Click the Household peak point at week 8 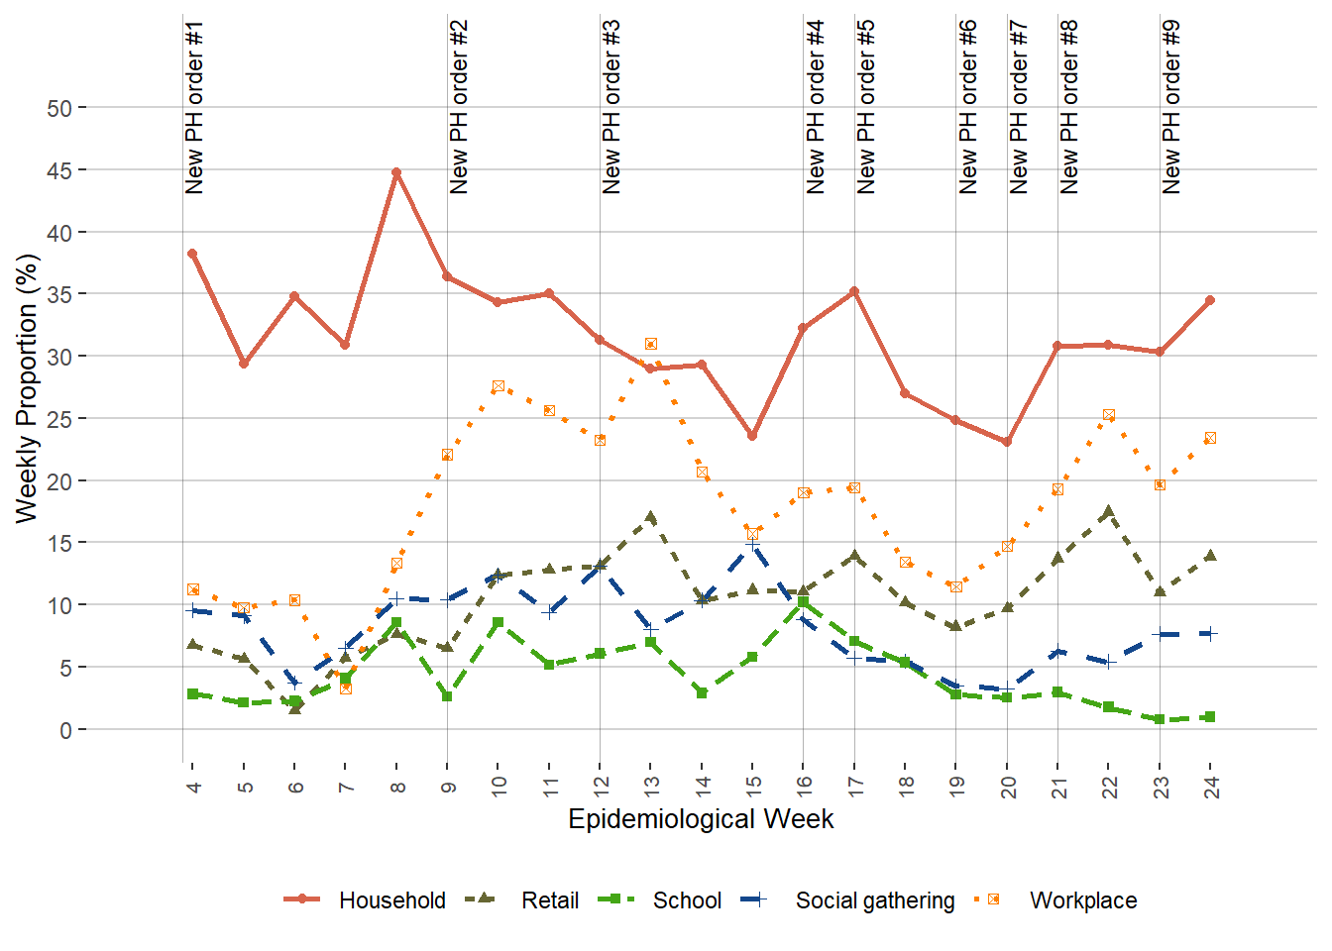(396, 172)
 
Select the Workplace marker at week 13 (651, 344)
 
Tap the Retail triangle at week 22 (1108, 512)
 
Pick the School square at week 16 (804, 601)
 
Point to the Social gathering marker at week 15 (752, 545)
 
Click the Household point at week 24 (1210, 300)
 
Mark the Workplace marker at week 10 (499, 385)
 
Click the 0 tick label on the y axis (65, 730)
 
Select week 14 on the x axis (703, 787)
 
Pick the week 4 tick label (193, 787)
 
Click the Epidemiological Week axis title (701, 819)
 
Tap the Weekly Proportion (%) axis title (27, 387)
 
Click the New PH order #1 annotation (194, 107)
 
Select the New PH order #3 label (611, 107)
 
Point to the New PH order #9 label (1171, 107)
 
